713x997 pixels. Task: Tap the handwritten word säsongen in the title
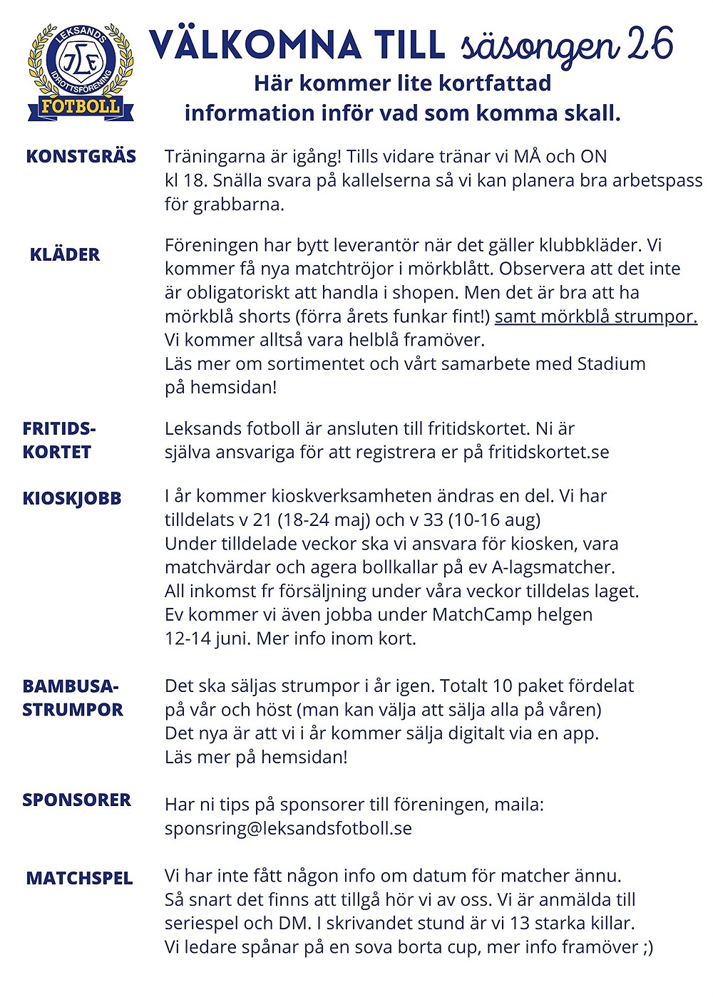[540, 47]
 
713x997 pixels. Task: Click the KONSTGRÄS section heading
[81, 157]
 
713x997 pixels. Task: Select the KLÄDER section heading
[65, 254]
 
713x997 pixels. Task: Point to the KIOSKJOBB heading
[72, 498]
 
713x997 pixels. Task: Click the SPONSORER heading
[76, 800]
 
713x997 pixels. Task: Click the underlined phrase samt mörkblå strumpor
[595, 316]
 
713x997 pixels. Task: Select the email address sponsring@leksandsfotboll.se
[288, 828]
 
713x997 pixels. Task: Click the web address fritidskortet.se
[548, 453]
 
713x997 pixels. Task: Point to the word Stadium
[611, 364]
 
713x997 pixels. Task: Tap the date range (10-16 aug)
[494, 520]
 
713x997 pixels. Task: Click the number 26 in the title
[650, 44]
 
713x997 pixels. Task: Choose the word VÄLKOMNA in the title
[255, 46]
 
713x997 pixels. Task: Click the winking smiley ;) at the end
[645, 947]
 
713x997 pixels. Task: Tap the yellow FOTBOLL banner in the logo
[81, 108]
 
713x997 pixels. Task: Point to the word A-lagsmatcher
[552, 568]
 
